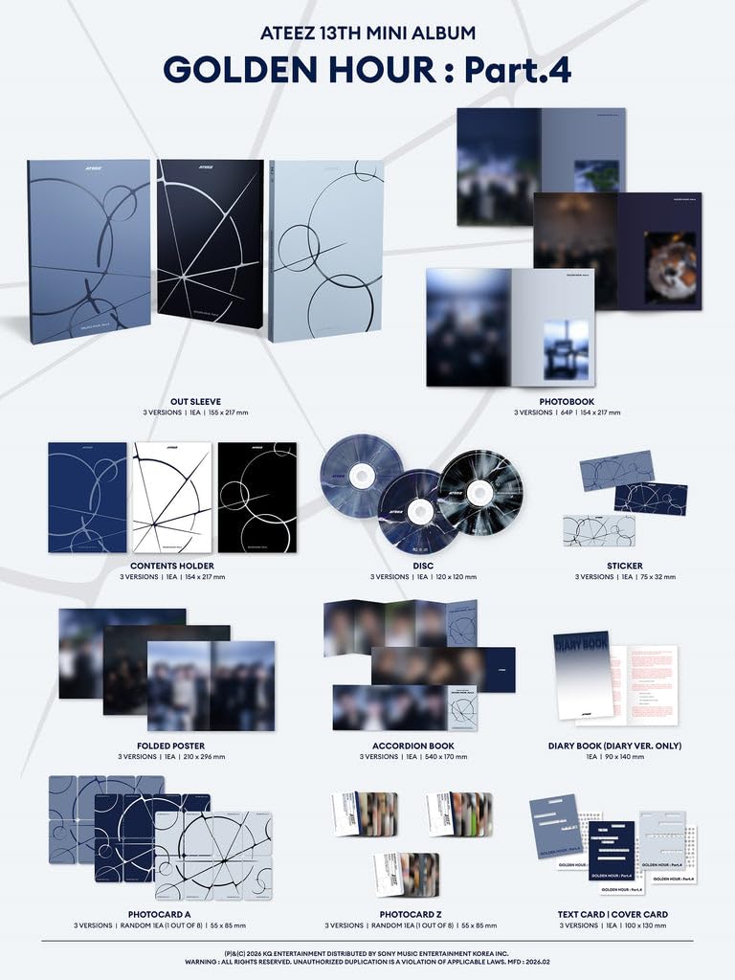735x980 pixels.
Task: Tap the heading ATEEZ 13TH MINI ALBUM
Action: click(367, 33)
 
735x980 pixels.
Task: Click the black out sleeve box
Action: click(209, 249)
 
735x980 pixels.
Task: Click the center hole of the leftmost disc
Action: click(359, 473)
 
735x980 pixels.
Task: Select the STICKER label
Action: click(625, 565)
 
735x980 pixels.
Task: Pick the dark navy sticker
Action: click(650, 499)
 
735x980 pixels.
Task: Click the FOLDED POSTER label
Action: click(171, 744)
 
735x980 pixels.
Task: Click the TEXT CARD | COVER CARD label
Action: click(612, 914)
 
